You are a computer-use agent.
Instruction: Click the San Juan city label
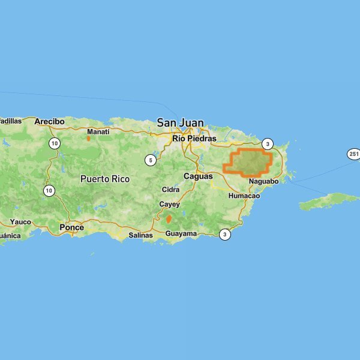(x=180, y=122)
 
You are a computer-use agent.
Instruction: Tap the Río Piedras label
(x=194, y=138)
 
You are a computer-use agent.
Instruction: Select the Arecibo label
(x=49, y=121)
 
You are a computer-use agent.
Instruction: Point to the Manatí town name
(x=98, y=131)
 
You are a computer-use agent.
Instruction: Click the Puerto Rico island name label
(x=104, y=179)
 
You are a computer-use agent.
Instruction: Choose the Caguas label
(x=198, y=176)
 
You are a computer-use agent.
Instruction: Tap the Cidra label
(x=170, y=190)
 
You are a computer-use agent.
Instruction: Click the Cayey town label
(x=169, y=205)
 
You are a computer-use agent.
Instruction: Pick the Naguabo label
(x=263, y=181)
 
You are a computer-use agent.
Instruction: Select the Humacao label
(x=244, y=196)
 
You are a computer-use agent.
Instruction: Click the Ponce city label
(x=72, y=227)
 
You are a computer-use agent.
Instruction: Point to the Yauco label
(x=20, y=222)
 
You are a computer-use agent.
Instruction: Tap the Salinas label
(x=141, y=235)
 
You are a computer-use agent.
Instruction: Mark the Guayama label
(x=181, y=233)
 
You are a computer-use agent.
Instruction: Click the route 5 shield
(x=151, y=160)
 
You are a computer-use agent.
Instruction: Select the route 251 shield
(x=353, y=154)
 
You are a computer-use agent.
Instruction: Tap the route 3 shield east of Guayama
(x=224, y=234)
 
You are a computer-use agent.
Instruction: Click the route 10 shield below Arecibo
(x=55, y=143)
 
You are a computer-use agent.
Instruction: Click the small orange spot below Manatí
(x=88, y=138)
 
